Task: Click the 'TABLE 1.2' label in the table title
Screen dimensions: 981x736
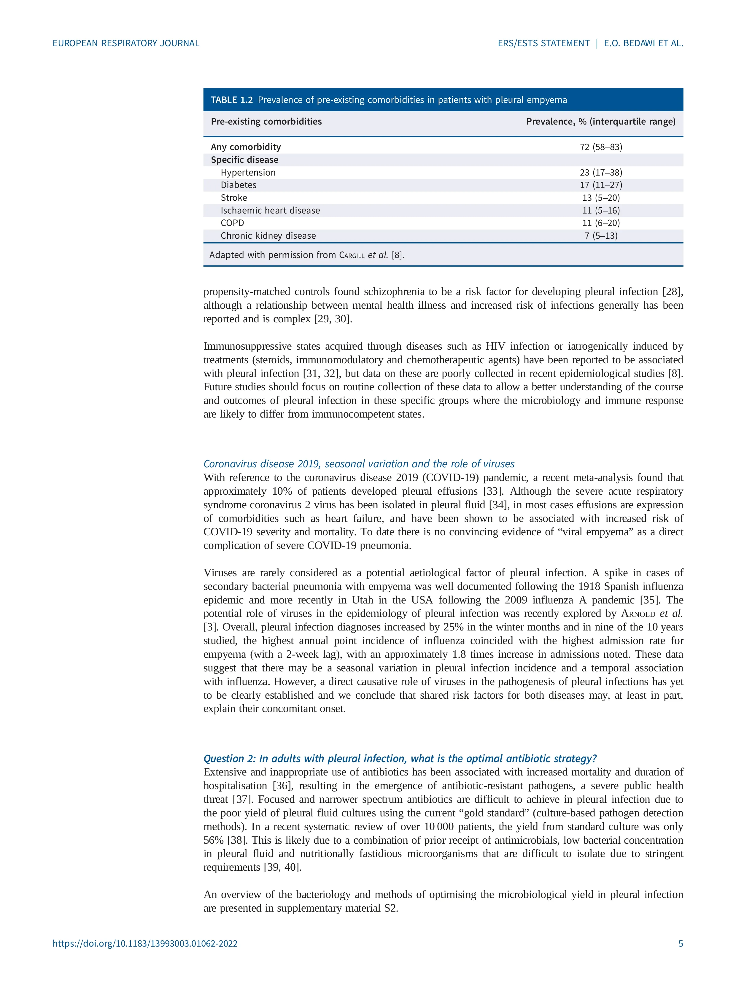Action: pyautogui.click(x=232, y=100)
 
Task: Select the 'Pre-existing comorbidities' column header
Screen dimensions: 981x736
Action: pyautogui.click(x=266, y=122)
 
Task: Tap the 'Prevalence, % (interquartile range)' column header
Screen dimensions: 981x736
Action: pyautogui.click(x=601, y=122)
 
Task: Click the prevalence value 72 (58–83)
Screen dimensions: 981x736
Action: pyautogui.click(x=601, y=147)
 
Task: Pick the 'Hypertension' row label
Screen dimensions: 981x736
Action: pyautogui.click(x=248, y=173)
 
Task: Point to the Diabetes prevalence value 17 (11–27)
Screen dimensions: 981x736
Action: pyautogui.click(x=601, y=185)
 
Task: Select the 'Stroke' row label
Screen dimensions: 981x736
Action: pyautogui.click(x=234, y=198)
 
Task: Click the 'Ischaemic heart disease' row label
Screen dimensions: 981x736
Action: pyautogui.click(x=270, y=210)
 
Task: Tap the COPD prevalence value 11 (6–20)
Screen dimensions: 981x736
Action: pyautogui.click(x=601, y=223)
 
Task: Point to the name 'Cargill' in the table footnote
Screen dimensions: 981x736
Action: pyautogui.click(x=352, y=255)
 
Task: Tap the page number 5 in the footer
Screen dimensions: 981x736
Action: pyautogui.click(x=681, y=943)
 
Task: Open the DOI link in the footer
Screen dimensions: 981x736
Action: pyautogui.click(x=145, y=943)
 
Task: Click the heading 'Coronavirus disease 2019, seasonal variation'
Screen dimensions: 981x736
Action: pyautogui.click(x=358, y=464)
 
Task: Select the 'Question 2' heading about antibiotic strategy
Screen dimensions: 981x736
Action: pyautogui.click(x=400, y=758)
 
